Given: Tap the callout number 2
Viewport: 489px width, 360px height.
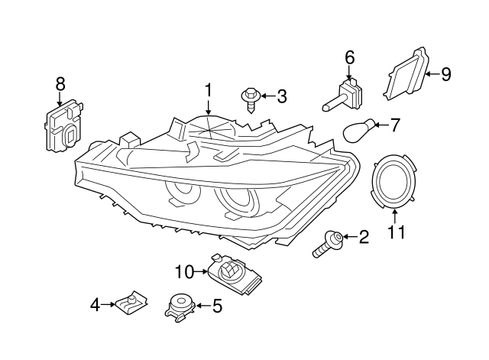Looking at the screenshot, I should pyautogui.click(x=363, y=238).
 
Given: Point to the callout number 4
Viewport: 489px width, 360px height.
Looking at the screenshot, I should pyautogui.click(x=96, y=306).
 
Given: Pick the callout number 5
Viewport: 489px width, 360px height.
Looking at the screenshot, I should pyautogui.click(x=217, y=306).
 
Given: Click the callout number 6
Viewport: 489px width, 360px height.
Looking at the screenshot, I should pyautogui.click(x=350, y=57).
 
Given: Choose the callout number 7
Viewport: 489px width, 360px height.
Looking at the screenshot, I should pyautogui.click(x=395, y=122).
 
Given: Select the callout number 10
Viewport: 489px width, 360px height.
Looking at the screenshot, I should pyautogui.click(x=185, y=271).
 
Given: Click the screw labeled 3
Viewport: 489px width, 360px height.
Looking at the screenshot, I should pyautogui.click(x=250, y=98).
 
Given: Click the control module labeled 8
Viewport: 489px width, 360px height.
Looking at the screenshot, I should pyautogui.click(x=65, y=128).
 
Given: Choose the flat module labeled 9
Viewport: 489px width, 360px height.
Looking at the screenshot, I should pyautogui.click(x=408, y=76).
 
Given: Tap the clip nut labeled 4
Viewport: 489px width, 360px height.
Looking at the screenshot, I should pyautogui.click(x=131, y=304).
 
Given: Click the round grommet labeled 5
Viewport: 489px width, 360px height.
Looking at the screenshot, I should pyautogui.click(x=180, y=304).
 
